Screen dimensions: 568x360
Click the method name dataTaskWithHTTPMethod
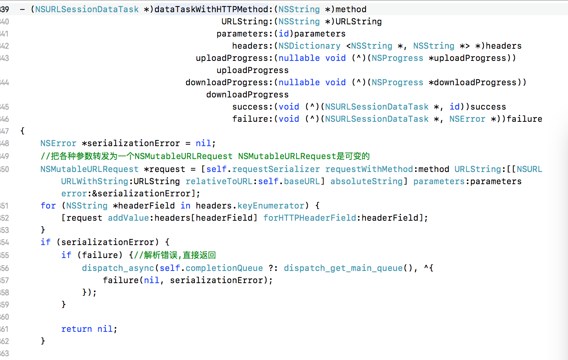click(x=211, y=9)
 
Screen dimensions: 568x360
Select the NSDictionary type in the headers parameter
click(x=309, y=46)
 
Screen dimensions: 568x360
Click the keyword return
click(x=77, y=329)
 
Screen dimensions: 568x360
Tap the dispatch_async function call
click(x=118, y=268)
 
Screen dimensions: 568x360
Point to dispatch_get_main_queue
click(x=343, y=268)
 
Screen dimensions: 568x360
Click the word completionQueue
click(x=224, y=268)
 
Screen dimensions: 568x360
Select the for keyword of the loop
click(x=48, y=205)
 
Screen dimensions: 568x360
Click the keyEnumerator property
click(x=271, y=205)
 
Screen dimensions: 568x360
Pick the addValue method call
click(x=128, y=218)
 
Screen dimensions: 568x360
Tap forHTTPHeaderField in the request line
click(x=310, y=218)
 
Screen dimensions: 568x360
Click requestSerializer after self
click(x=276, y=169)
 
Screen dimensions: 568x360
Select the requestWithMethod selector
click(x=369, y=169)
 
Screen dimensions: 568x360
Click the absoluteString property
click(x=366, y=181)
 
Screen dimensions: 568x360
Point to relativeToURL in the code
click(x=219, y=181)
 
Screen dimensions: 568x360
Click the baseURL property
click(x=302, y=181)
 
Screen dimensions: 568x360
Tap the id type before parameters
click(x=284, y=34)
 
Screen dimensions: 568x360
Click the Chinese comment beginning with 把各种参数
click(x=206, y=156)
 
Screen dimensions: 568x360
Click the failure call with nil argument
click(x=121, y=280)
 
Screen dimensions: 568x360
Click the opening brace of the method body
click(x=22, y=131)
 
